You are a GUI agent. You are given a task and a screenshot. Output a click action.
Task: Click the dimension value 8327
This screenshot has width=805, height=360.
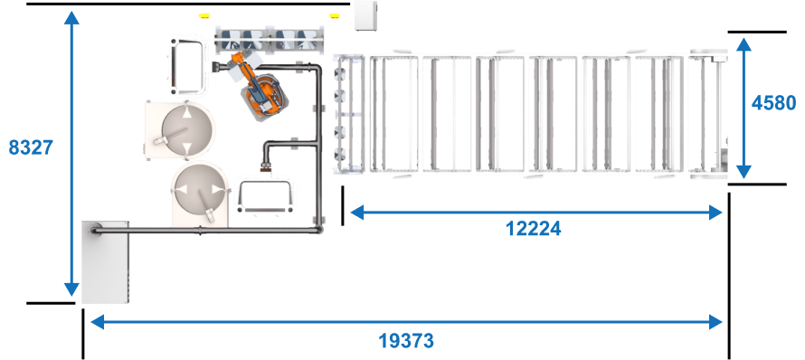32,148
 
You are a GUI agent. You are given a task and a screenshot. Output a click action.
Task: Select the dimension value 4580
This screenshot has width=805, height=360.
773,103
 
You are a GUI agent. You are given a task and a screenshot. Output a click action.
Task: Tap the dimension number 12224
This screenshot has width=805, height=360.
534,229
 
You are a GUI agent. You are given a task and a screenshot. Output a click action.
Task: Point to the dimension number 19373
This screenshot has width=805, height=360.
406,340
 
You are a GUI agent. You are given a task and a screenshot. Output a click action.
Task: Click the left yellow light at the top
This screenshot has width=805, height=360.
204,16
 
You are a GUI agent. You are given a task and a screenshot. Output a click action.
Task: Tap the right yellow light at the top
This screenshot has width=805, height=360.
335,16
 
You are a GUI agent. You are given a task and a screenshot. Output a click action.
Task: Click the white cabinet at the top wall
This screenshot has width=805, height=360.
366,15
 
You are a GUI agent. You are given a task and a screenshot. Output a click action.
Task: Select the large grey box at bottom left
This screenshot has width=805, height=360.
105,262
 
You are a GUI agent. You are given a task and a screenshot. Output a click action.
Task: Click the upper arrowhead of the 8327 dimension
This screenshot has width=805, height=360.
71,18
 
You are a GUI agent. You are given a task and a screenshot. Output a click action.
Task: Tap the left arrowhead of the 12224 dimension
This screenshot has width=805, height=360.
357,212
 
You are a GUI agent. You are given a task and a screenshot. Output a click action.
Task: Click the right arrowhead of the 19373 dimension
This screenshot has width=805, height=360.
715,322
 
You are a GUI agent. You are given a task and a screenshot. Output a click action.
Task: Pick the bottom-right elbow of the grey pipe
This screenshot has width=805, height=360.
317,229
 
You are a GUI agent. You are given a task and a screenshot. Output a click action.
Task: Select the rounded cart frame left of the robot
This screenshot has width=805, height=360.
185,66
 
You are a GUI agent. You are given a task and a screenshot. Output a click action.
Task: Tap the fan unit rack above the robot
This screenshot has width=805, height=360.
270,40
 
